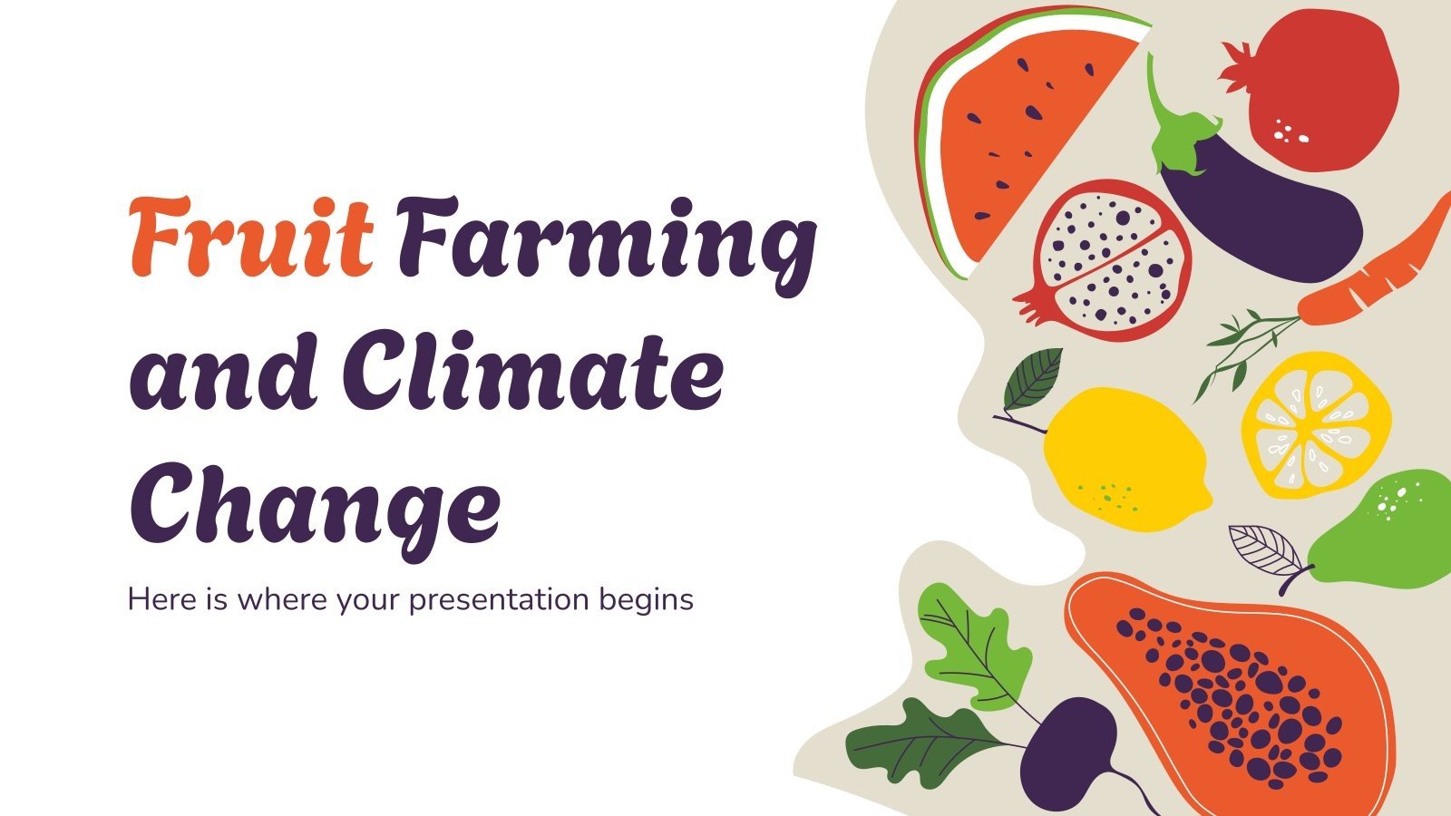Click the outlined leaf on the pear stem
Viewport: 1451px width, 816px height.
coord(1265,549)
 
